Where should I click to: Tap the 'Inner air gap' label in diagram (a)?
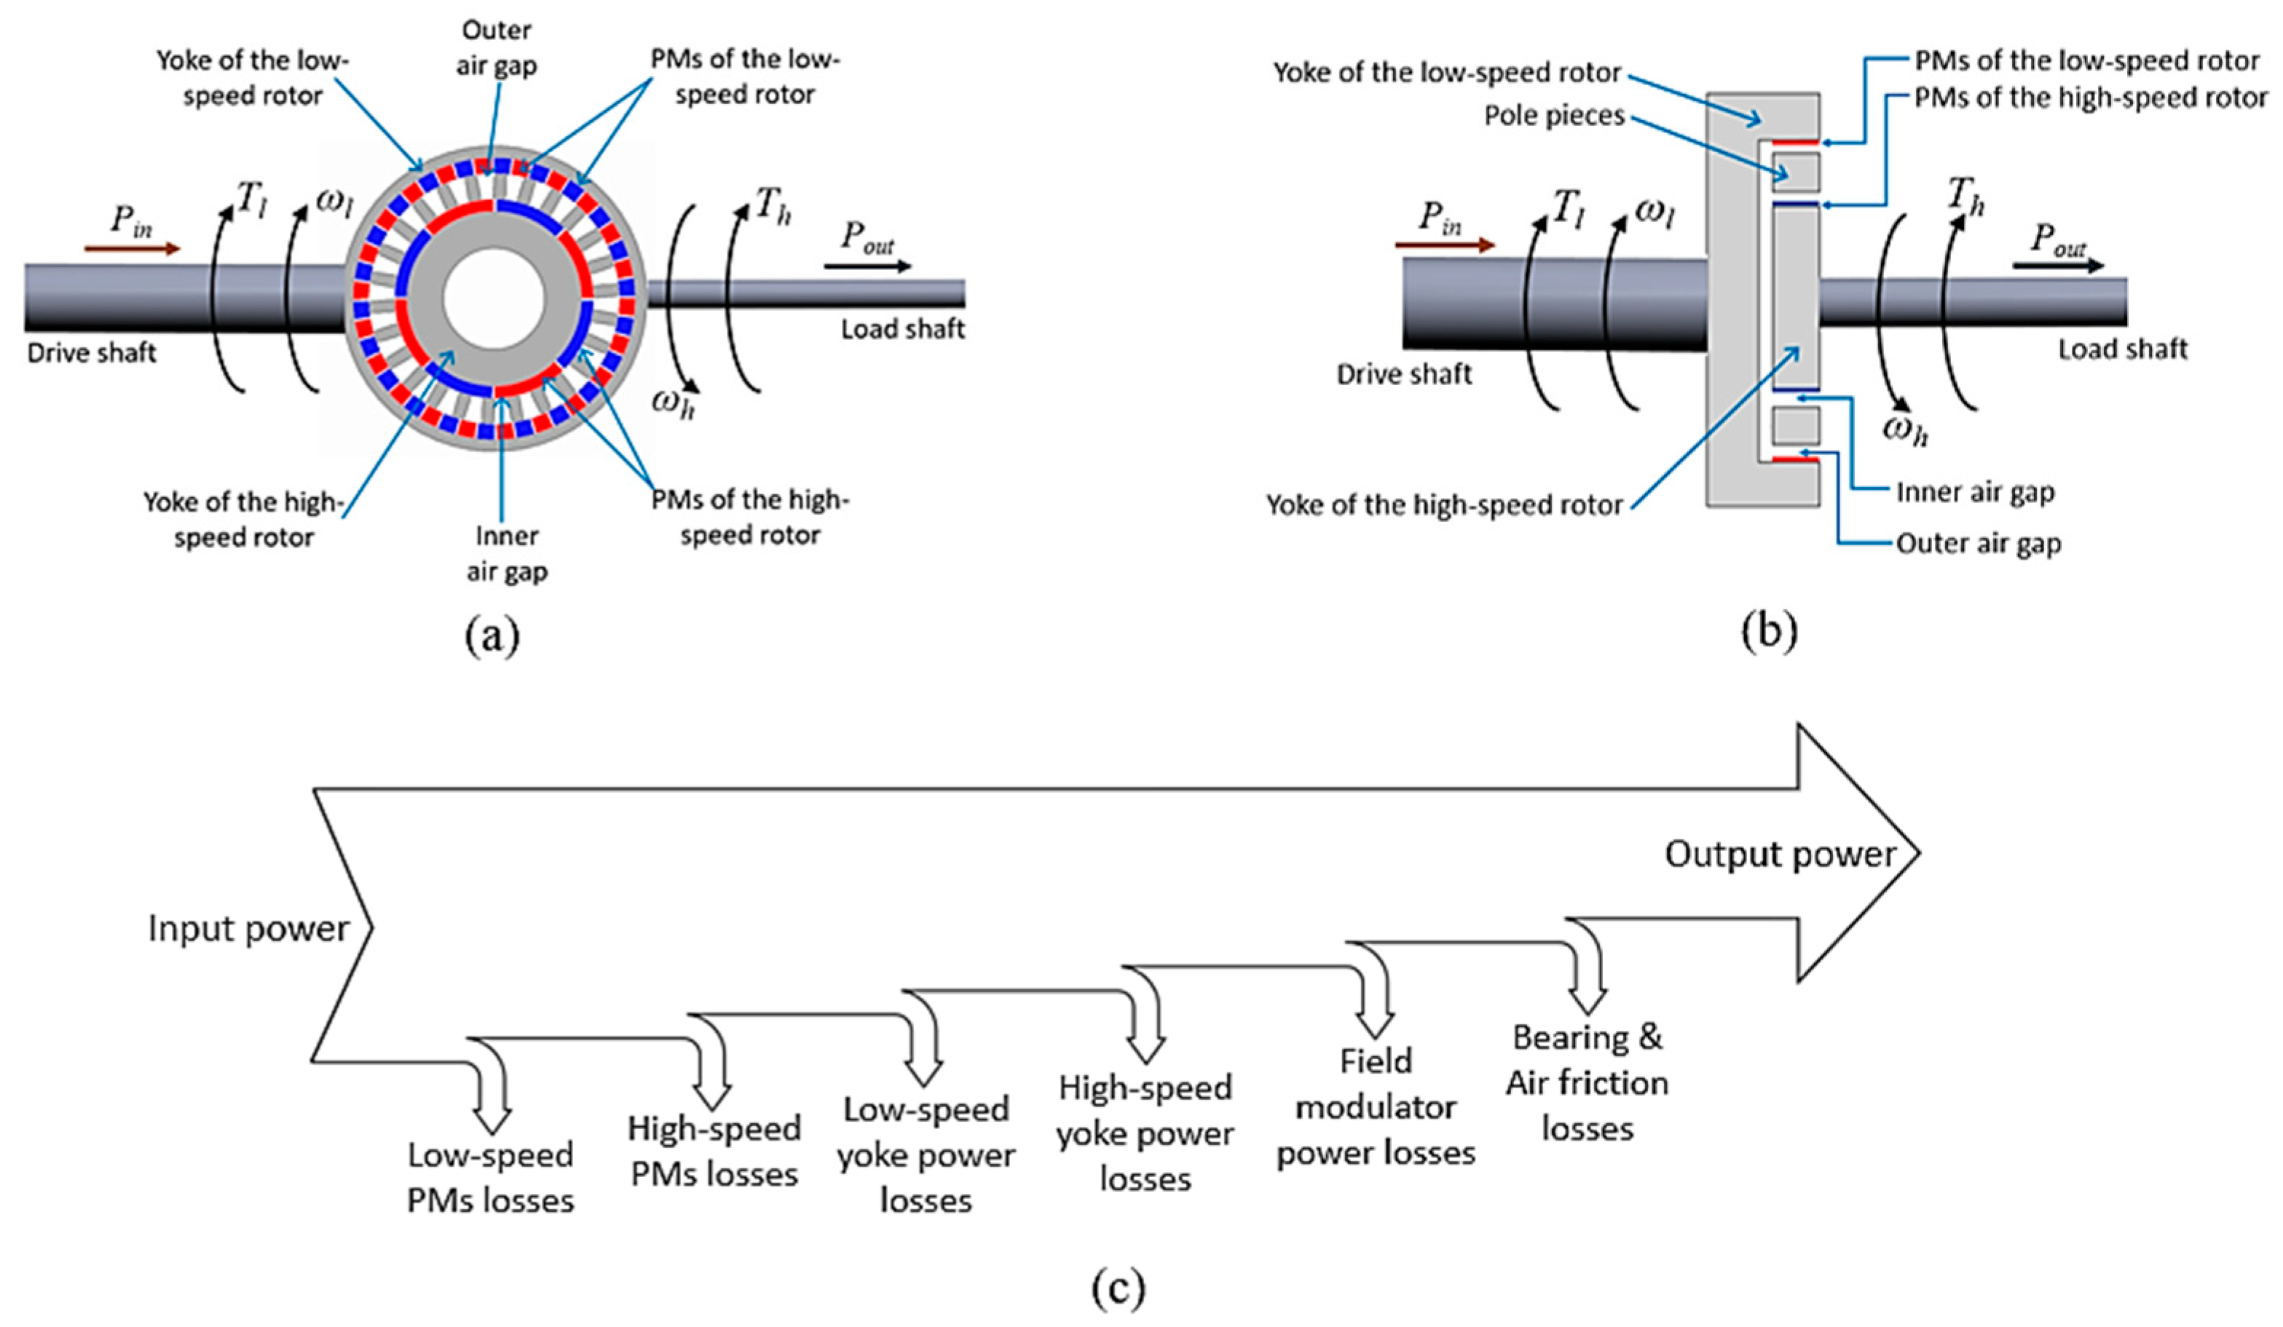[x=506, y=553]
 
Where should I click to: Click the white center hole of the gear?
[x=494, y=297]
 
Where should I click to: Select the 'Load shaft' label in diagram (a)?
[x=902, y=329]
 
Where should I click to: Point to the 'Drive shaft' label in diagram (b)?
[x=1403, y=373]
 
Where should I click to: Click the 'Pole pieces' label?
[x=1554, y=116]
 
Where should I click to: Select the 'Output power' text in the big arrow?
[x=1781, y=854]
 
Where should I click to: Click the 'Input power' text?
[x=248, y=928]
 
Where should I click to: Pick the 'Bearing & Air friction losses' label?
[x=1588, y=1082]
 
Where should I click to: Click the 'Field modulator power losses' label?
[x=1375, y=1107]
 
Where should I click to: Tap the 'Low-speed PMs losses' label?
[x=490, y=1178]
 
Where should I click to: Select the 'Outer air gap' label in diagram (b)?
[x=1979, y=544]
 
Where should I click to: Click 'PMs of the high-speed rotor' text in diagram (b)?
[x=2091, y=98]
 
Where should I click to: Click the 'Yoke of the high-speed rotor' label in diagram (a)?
[x=243, y=519]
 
